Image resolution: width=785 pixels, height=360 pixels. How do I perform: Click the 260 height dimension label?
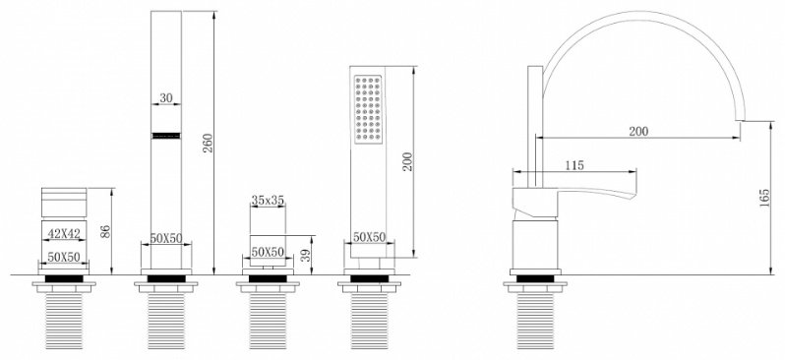(x=209, y=144)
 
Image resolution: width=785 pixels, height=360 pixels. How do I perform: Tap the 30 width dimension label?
(x=166, y=98)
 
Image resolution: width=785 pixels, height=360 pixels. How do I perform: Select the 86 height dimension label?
(x=105, y=231)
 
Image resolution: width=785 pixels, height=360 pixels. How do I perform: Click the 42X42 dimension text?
(x=64, y=233)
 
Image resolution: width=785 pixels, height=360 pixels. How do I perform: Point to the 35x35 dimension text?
(x=268, y=201)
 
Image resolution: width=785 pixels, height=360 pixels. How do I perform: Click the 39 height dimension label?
(x=305, y=256)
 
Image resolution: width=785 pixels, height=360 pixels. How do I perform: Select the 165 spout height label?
(x=764, y=199)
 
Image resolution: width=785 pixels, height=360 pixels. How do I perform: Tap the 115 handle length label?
(x=574, y=165)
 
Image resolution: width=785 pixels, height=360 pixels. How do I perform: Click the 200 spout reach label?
(x=638, y=131)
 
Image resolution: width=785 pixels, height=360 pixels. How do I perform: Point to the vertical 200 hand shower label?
(x=407, y=161)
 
